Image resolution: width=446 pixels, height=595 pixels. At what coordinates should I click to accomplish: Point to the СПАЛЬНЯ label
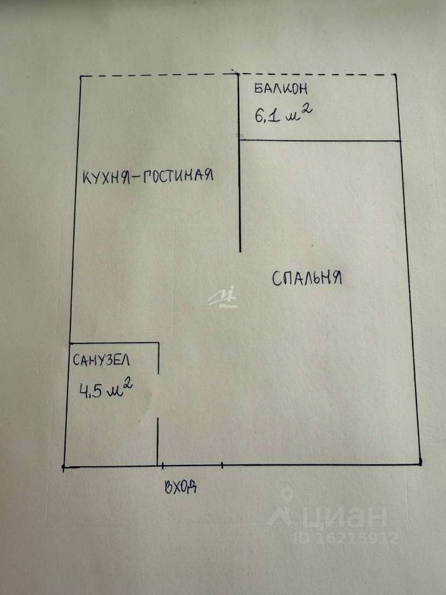[307, 278]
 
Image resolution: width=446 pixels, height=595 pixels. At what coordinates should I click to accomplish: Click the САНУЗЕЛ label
[102, 360]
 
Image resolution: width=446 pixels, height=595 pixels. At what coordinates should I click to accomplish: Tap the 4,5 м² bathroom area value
[105, 391]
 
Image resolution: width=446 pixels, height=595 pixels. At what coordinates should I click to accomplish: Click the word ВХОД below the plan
[181, 487]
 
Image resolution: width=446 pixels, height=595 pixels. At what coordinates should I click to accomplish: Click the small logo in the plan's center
[222, 298]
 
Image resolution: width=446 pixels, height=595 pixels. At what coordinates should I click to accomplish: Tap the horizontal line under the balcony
[319, 141]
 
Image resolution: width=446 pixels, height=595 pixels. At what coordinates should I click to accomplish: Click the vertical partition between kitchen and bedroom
[240, 186]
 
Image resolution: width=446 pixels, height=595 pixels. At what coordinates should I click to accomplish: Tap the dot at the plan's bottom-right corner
[420, 462]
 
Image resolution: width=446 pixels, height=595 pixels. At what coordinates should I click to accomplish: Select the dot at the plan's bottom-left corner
[64, 466]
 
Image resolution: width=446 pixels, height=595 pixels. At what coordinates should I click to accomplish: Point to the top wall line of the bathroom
[115, 343]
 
